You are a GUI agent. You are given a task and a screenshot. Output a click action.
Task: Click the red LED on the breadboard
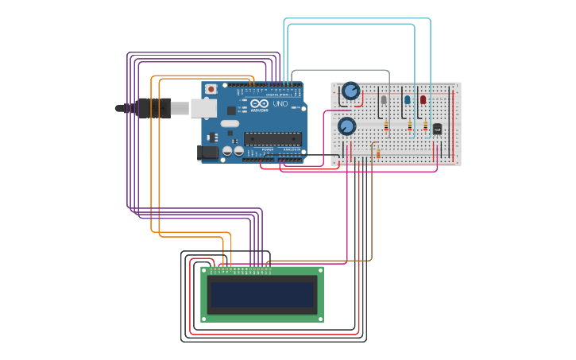pyautogui.click(x=423, y=99)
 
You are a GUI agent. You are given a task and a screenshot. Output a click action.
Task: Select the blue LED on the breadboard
pyautogui.click(x=408, y=100)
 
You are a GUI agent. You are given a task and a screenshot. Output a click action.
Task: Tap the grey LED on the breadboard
pyautogui.click(x=385, y=100)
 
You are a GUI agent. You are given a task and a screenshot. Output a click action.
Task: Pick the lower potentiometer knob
pyautogui.click(x=346, y=126)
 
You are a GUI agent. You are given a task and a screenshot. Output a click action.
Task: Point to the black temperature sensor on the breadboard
pyautogui.click(x=437, y=129)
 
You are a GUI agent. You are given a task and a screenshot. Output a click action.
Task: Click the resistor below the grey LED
pyautogui.click(x=386, y=126)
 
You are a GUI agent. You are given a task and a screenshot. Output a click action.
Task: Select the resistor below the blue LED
pyautogui.click(x=409, y=126)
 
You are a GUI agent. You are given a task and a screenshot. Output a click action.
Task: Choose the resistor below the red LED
pyautogui.click(x=425, y=126)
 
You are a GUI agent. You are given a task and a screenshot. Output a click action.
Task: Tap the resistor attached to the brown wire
pyautogui.click(x=377, y=153)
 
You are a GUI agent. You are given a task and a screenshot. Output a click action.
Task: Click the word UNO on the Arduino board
pyautogui.click(x=280, y=104)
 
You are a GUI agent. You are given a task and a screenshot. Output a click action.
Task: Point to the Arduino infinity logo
pyautogui.click(x=260, y=103)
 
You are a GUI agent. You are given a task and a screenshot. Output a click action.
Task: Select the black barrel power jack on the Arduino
pyautogui.click(x=207, y=152)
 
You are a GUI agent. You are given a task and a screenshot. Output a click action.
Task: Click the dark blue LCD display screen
pyautogui.click(x=262, y=294)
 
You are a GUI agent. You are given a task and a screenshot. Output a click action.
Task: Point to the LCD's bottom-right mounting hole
pyautogui.click(x=319, y=317)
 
